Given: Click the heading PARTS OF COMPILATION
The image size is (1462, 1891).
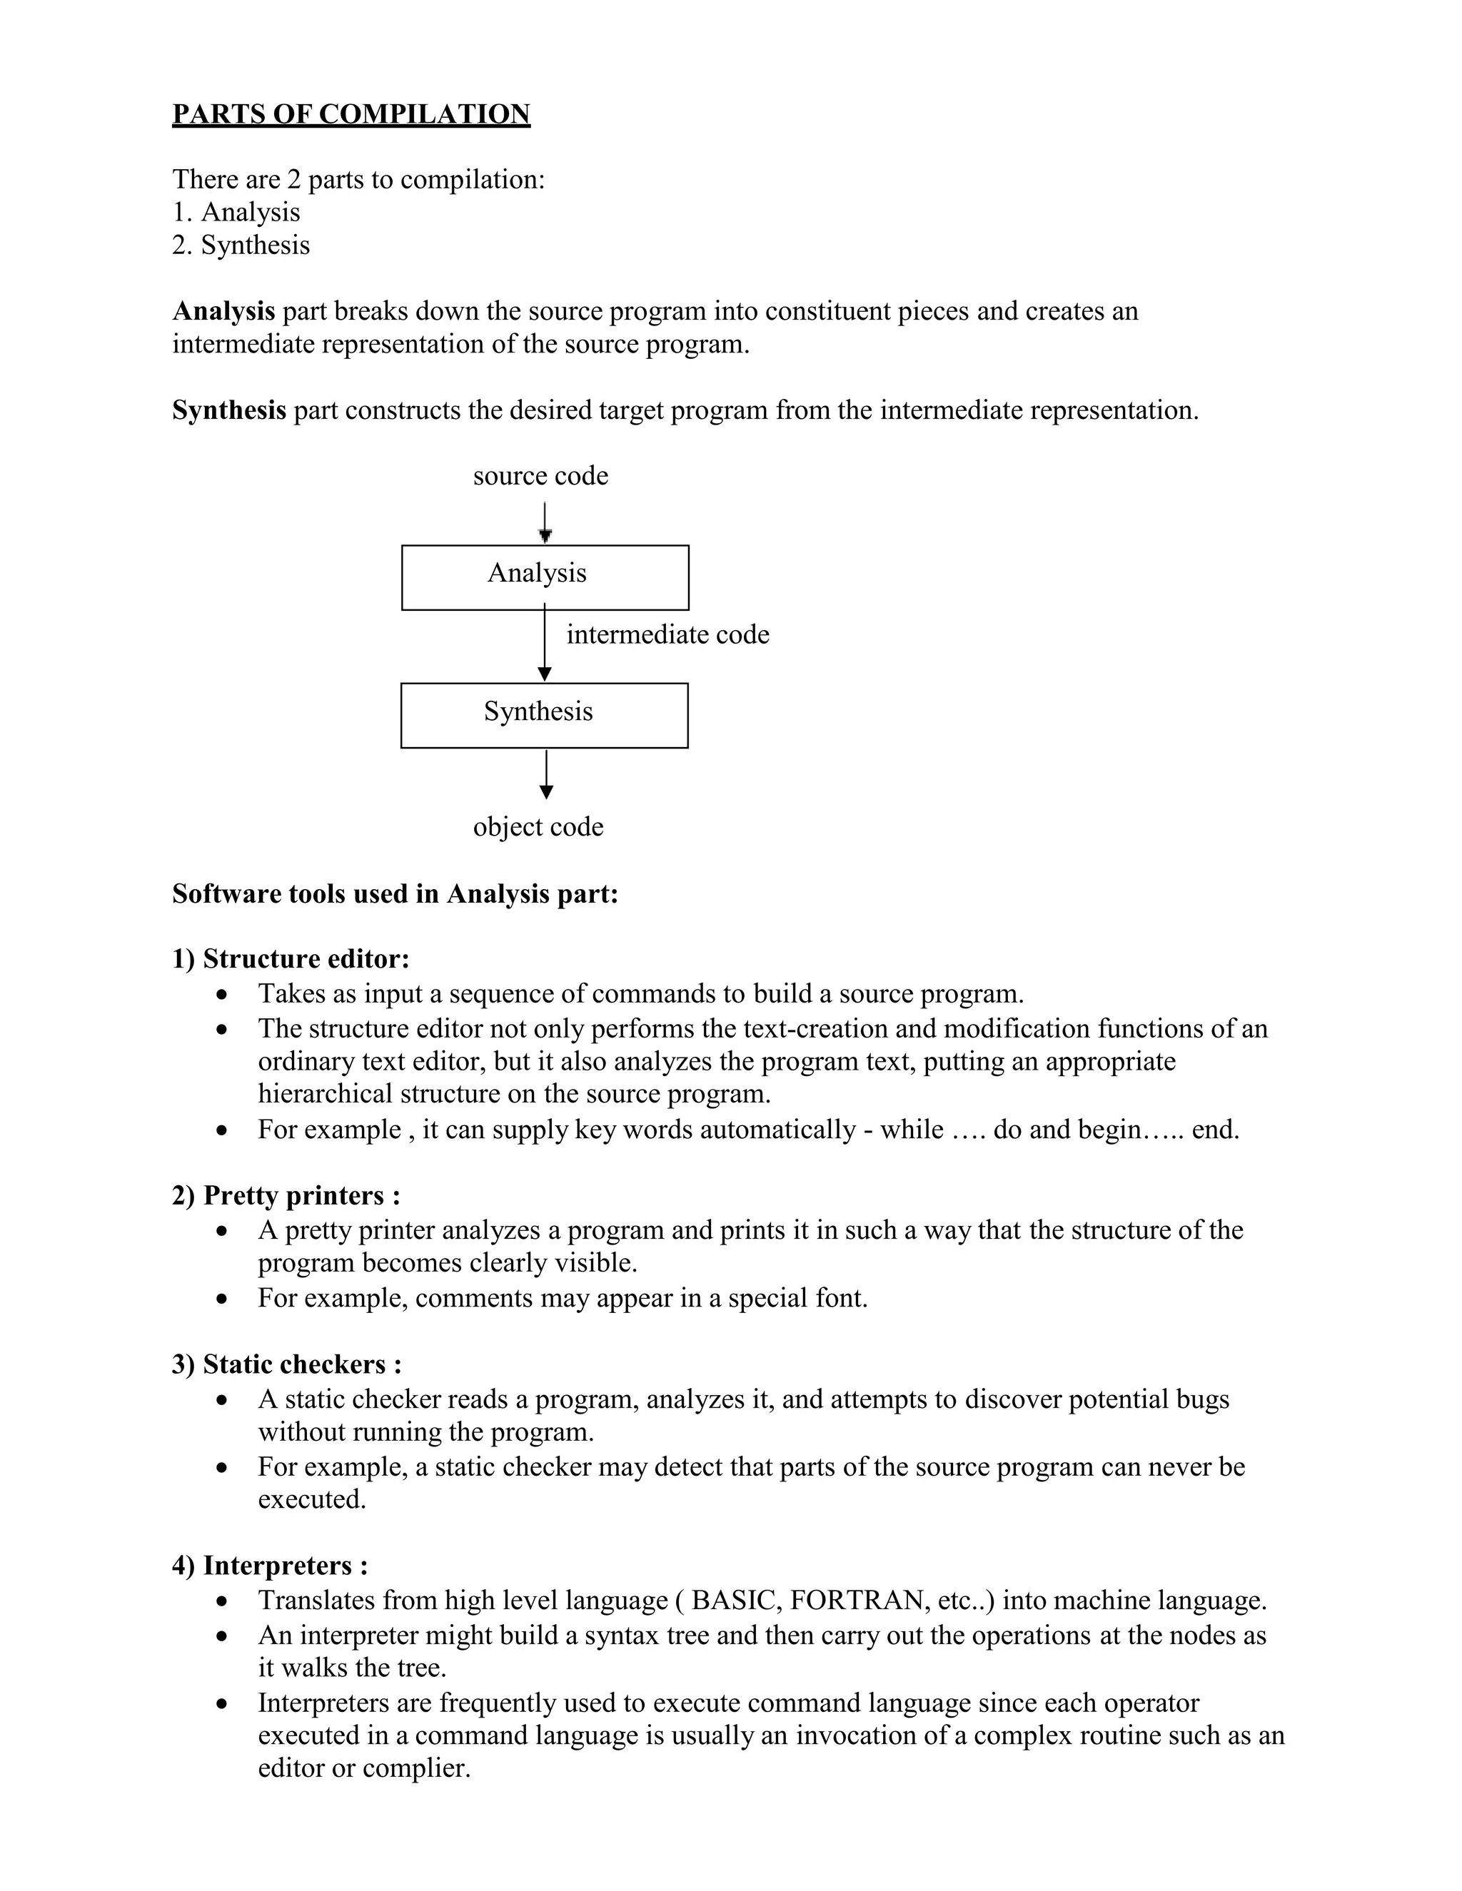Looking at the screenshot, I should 351,114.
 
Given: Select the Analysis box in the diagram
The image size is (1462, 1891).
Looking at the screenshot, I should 545,577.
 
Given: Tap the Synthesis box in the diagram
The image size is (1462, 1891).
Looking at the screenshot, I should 544,715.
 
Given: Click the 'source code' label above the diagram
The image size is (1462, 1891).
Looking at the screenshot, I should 540,475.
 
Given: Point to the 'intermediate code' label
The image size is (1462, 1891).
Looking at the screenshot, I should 667,634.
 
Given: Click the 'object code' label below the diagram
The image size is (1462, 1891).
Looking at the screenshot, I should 538,826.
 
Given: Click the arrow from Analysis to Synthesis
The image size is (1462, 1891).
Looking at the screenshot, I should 545,645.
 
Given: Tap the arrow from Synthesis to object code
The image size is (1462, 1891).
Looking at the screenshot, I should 545,774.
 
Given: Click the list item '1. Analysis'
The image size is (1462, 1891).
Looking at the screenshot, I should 236,212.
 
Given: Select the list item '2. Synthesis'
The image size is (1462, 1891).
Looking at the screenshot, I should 240,245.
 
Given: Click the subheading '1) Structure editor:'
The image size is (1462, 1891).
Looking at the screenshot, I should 290,958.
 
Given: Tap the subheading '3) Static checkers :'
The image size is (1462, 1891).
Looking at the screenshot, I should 287,1364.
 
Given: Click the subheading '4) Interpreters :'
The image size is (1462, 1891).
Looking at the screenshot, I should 271,1566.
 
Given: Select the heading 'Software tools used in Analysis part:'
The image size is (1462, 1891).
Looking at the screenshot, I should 395,893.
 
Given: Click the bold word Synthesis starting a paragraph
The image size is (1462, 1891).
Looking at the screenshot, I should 228,410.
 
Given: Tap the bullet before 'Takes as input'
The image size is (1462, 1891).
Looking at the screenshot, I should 223,995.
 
